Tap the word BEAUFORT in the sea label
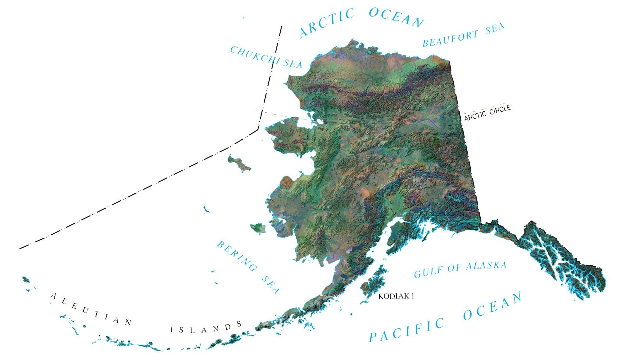[450, 39]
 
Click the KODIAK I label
[396, 296]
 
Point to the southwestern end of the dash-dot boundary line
[20, 248]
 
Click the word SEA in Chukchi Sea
[292, 64]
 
